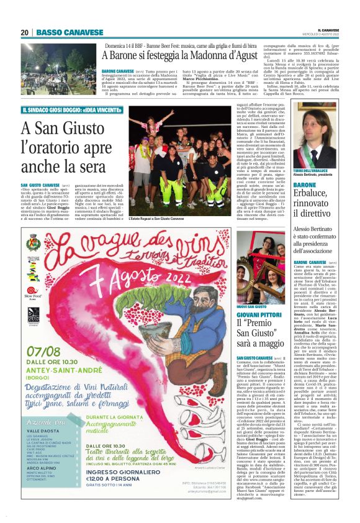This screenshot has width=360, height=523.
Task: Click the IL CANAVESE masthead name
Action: point(328,29)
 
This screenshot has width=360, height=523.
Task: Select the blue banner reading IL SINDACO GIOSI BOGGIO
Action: point(74,110)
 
